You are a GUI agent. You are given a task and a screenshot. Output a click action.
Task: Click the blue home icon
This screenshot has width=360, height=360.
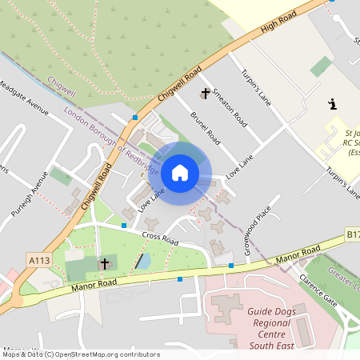[x=180, y=172]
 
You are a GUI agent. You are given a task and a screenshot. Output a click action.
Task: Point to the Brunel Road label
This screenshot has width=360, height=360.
[x=206, y=127]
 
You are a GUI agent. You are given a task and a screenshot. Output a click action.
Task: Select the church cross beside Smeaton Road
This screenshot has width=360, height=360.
[x=205, y=94]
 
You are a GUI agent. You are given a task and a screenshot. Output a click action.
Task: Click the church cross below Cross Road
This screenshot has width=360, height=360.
[x=104, y=263]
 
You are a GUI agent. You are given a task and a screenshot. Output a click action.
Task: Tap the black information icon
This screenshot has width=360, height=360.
[x=333, y=104]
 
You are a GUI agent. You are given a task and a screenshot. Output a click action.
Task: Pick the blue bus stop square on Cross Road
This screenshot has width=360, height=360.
[x=124, y=226]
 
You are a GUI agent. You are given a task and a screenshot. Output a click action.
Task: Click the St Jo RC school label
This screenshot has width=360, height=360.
[x=352, y=140]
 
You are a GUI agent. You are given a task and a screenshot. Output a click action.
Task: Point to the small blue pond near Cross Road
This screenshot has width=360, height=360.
[x=144, y=260]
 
